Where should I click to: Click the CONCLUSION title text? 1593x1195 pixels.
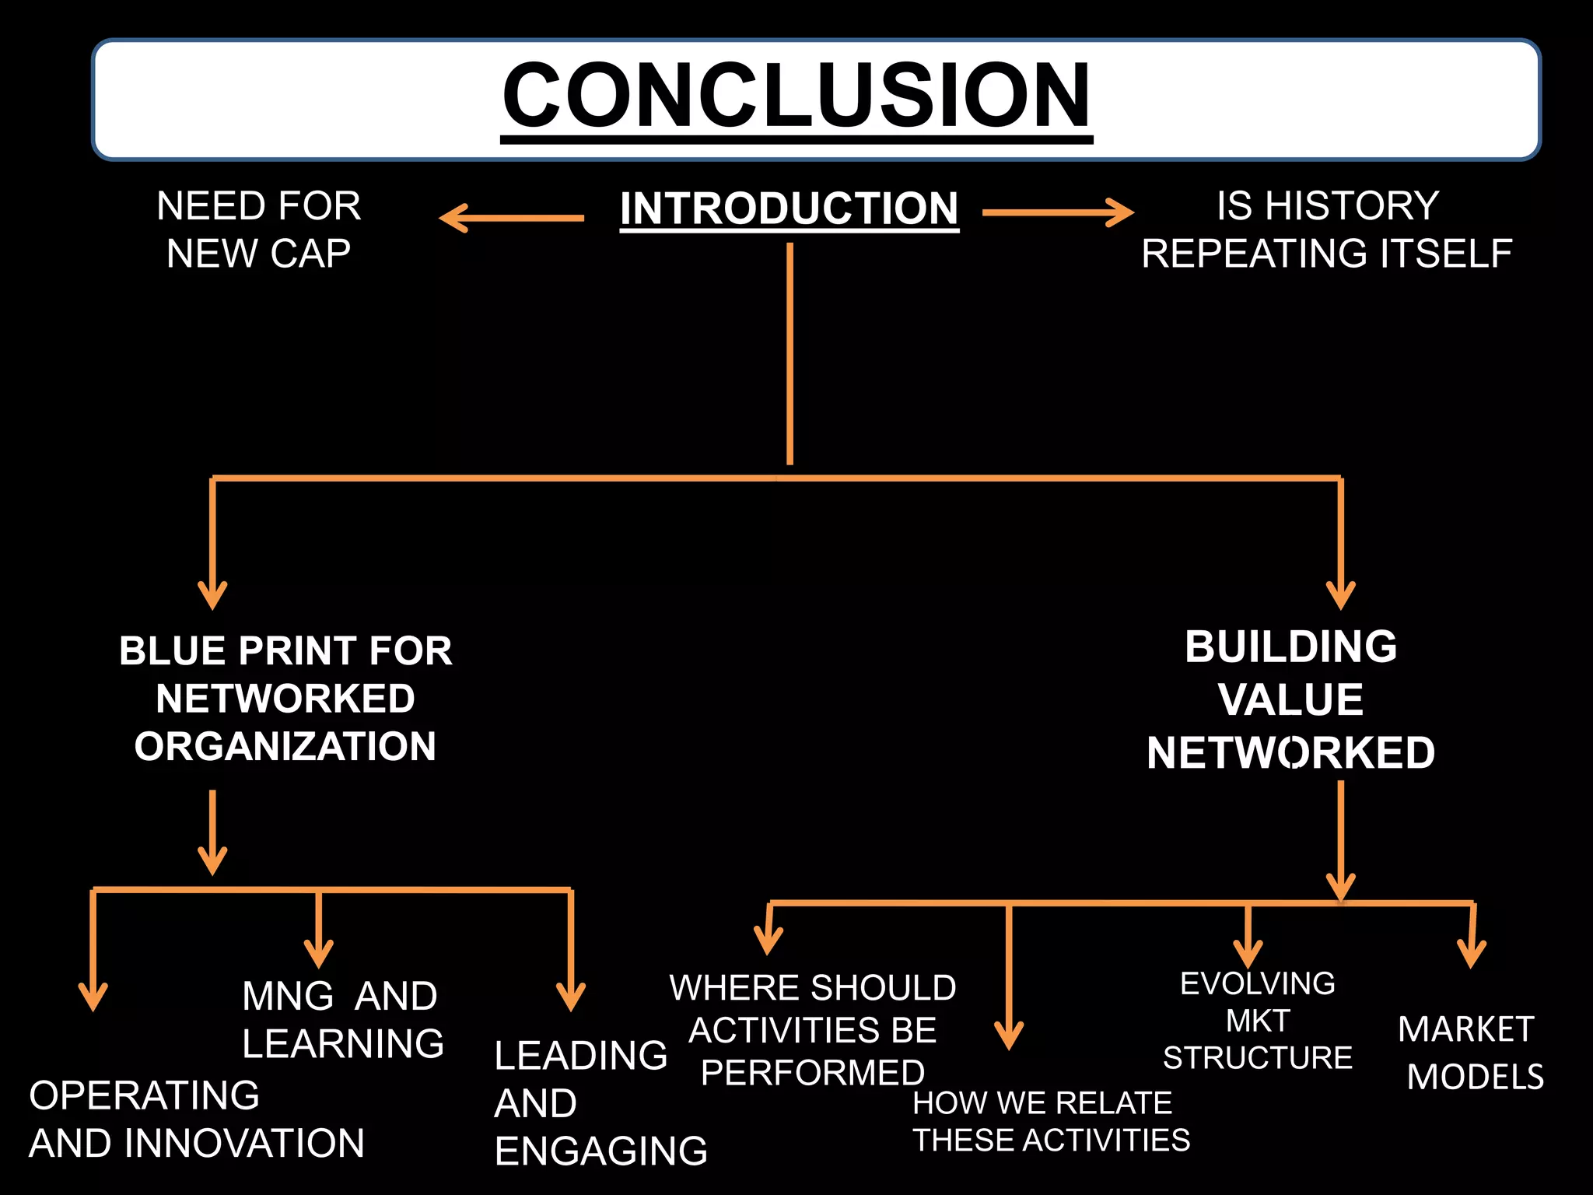coord(796,95)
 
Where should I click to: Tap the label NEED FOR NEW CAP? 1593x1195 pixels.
coord(259,230)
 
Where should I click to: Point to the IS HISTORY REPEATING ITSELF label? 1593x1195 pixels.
coord(1327,230)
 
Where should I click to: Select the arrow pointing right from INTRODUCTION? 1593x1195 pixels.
coord(1058,212)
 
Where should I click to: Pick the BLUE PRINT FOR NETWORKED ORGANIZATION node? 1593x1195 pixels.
coord(285,698)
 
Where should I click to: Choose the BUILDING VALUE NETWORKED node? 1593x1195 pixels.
coord(1291,699)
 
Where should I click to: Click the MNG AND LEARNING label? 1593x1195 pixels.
coord(342,1019)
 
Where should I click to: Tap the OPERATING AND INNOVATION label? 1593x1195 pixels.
coord(196,1119)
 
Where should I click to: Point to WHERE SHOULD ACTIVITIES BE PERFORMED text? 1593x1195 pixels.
coord(813,1029)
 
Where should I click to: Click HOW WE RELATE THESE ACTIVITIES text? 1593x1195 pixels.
coord(1050,1121)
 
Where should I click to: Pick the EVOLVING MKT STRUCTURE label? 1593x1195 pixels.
coord(1258,1020)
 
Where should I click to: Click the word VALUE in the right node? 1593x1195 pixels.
coord(1291,699)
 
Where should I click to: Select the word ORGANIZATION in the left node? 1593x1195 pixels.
coord(285,746)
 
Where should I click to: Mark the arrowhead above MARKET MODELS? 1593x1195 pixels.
coord(1471,955)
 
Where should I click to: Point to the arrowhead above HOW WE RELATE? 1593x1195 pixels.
coord(1009,1036)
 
